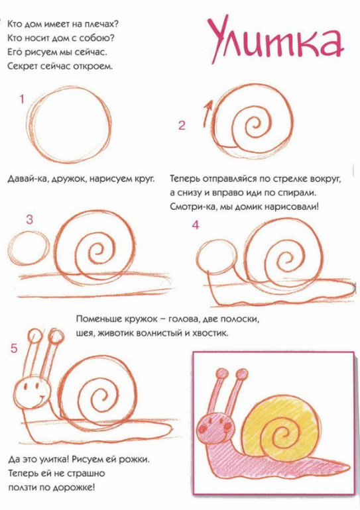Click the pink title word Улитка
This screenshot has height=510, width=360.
[x=276, y=42]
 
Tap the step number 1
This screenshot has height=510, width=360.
[x=22, y=99]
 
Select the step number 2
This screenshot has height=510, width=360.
[x=182, y=125]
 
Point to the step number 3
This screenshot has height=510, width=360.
[x=29, y=219]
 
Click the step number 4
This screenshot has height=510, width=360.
[x=196, y=225]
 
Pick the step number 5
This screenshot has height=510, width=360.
[x=14, y=348]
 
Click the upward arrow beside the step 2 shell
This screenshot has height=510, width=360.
[x=207, y=113]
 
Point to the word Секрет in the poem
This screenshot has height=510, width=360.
[x=23, y=67]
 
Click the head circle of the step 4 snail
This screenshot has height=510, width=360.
[x=217, y=256]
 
